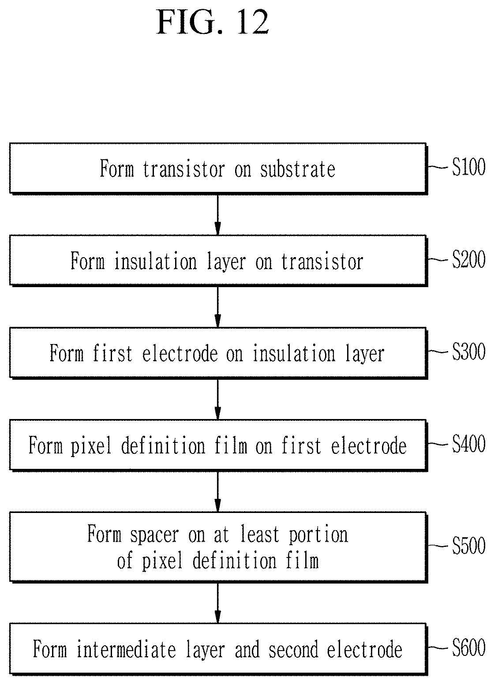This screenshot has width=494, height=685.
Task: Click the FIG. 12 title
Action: pos(213,22)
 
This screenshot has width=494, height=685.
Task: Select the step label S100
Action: pos(468,167)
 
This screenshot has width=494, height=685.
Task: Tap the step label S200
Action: pos(468,259)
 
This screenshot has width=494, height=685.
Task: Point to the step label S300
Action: pos(468,352)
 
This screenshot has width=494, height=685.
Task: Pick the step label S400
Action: pos(468,443)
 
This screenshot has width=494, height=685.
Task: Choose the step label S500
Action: pos(468,545)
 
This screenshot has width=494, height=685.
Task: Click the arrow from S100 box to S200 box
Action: pos(217,215)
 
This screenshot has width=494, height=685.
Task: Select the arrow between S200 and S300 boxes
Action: pos(217,307)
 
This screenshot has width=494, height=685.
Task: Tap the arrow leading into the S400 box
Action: pos(217,399)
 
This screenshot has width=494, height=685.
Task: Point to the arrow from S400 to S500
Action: pos(217,492)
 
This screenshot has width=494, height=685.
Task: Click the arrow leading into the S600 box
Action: pos(217,603)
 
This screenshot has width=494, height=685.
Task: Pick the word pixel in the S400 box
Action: pos(91,447)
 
